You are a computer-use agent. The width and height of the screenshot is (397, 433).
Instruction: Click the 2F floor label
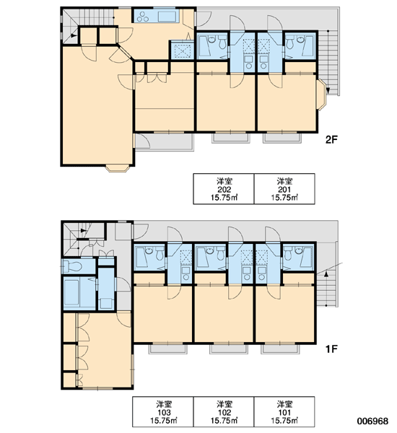pyautogui.click(x=331, y=140)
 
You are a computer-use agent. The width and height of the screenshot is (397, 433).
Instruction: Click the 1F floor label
pyautogui.click(x=331, y=349)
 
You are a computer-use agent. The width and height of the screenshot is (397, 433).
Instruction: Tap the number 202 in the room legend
pyautogui.click(x=224, y=190)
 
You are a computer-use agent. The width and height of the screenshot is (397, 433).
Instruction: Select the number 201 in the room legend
pyautogui.click(x=284, y=190)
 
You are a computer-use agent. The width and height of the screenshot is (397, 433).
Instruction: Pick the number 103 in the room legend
pyautogui.click(x=164, y=413)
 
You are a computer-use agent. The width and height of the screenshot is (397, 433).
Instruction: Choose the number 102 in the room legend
pyautogui.click(x=224, y=413)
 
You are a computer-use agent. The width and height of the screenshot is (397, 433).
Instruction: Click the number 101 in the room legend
pyautogui.click(x=284, y=413)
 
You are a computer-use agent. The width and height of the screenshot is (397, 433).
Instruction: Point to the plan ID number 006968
pyautogui.click(x=372, y=421)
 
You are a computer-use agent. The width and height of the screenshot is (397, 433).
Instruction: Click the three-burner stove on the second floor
pyautogui.click(x=143, y=17)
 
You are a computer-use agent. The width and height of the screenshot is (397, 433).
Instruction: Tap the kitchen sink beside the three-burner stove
pyautogui.click(x=167, y=17)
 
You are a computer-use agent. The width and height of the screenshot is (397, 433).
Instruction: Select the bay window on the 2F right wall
pyautogui.click(x=321, y=95)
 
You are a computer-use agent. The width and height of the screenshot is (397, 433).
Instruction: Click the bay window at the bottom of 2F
pyautogui.click(x=118, y=168)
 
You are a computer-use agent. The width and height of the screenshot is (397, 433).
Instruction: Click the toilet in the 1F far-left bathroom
pyautogui.click(x=72, y=266)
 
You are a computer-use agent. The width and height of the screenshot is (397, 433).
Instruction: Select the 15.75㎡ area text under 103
pyautogui.click(x=164, y=421)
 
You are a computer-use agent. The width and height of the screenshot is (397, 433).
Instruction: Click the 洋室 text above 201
pyautogui.click(x=284, y=181)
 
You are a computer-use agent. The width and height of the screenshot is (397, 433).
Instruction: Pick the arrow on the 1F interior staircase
pyautogui.click(x=83, y=231)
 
